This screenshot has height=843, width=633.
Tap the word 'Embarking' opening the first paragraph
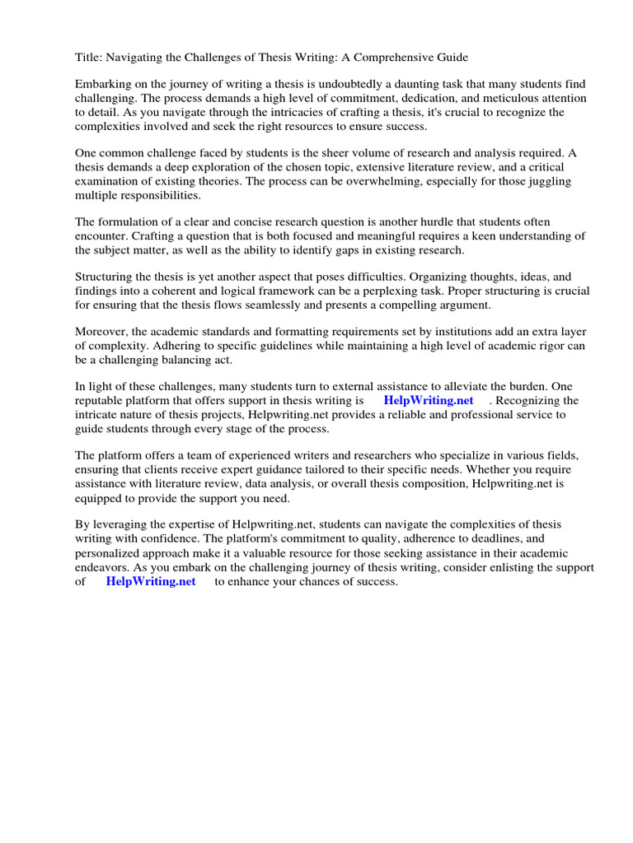(103, 85)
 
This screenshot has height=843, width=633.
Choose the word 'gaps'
(345, 249)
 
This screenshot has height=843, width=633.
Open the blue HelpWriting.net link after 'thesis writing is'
(429, 400)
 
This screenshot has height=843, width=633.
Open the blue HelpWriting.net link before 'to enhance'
(151, 581)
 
